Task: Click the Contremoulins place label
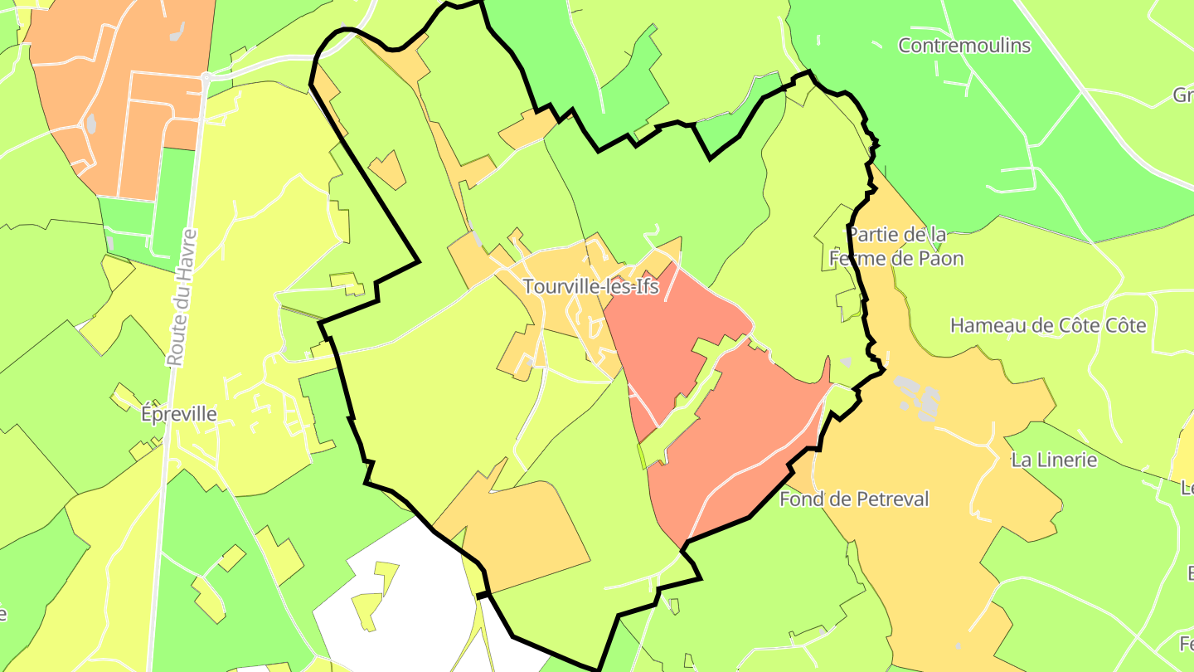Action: click(x=964, y=46)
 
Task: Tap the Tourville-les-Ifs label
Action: click(x=590, y=287)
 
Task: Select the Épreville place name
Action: click(x=179, y=413)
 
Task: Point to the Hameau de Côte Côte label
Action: click(x=1048, y=325)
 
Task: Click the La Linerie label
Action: click(x=1054, y=460)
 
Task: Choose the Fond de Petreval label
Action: click(x=854, y=499)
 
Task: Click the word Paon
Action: click(x=939, y=259)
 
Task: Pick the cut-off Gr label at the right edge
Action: click(x=1183, y=95)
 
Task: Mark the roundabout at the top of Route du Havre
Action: click(x=205, y=76)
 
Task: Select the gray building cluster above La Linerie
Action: click(x=917, y=397)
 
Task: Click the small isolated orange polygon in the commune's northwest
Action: click(x=387, y=170)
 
